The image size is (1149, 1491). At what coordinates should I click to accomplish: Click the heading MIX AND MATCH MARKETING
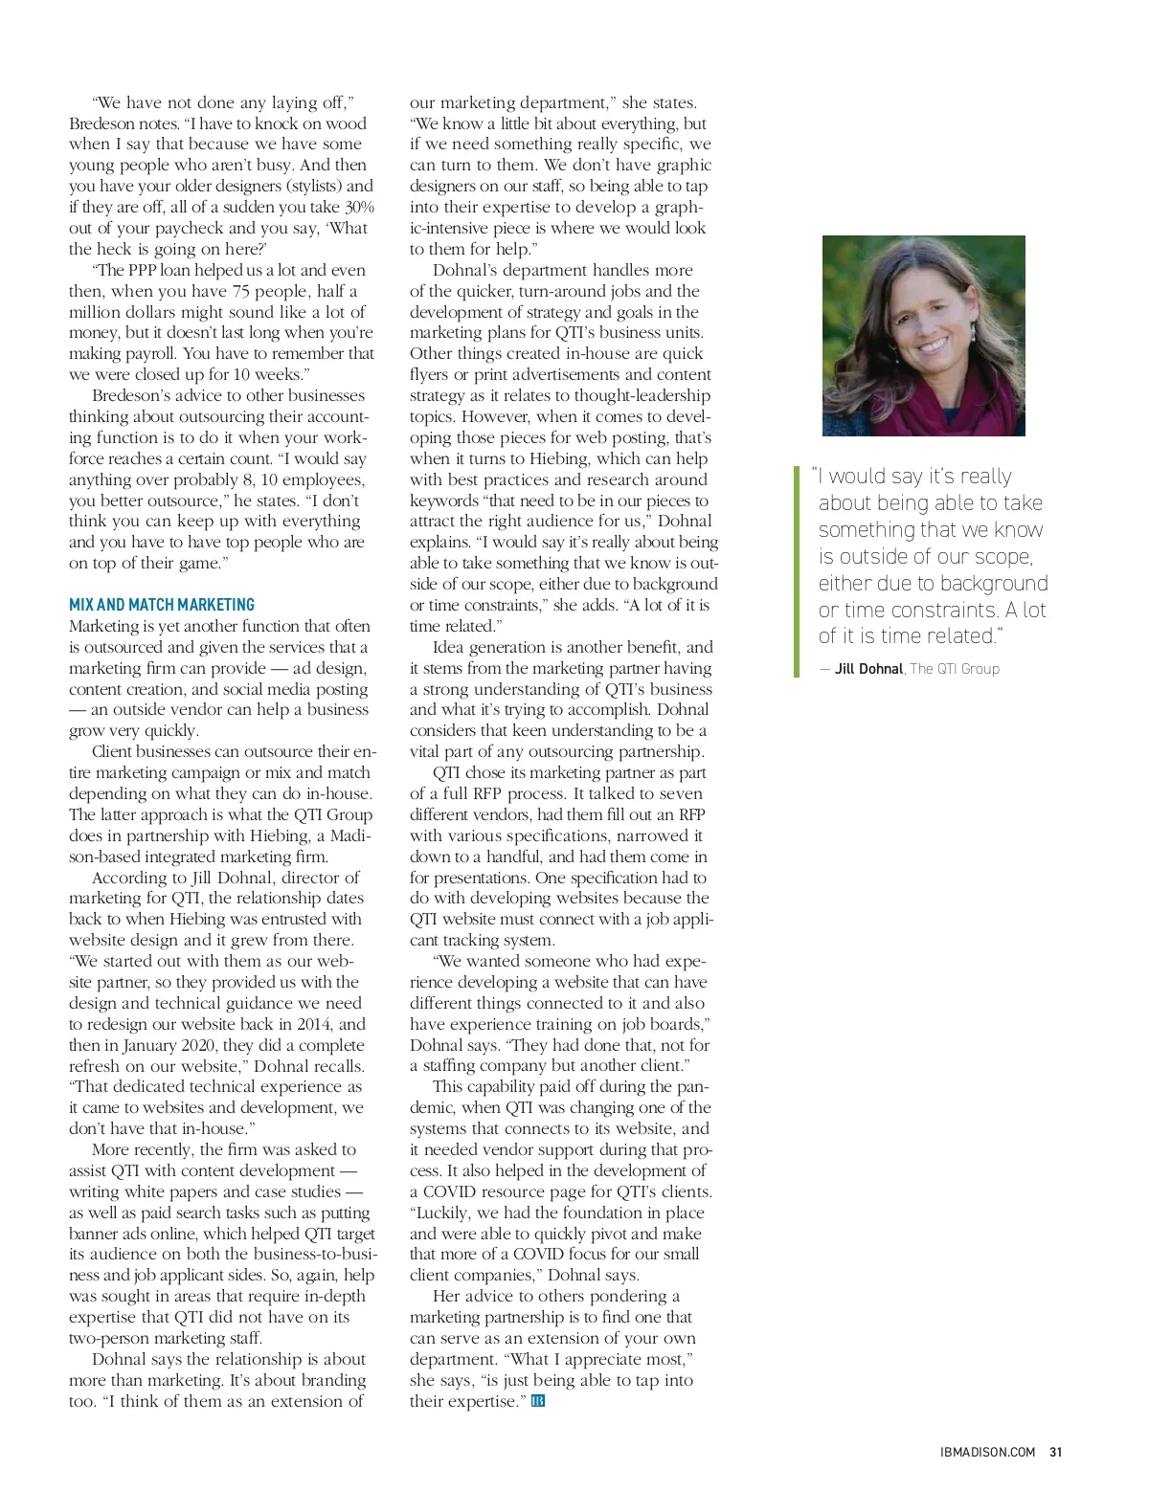[162, 605]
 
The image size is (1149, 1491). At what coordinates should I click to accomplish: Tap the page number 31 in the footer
[1056, 1452]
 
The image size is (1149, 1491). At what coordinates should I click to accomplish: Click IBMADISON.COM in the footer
[987, 1452]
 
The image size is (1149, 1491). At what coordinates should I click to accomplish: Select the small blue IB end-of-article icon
[538, 1402]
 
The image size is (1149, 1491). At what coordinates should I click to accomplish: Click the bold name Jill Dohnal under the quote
[868, 669]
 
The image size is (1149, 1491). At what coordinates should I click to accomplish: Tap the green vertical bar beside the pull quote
[796, 571]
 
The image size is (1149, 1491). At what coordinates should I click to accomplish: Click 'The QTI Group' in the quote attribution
[955, 669]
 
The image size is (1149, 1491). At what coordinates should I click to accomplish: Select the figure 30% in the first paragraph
[359, 207]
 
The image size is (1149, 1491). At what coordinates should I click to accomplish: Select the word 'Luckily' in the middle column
[442, 1213]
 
